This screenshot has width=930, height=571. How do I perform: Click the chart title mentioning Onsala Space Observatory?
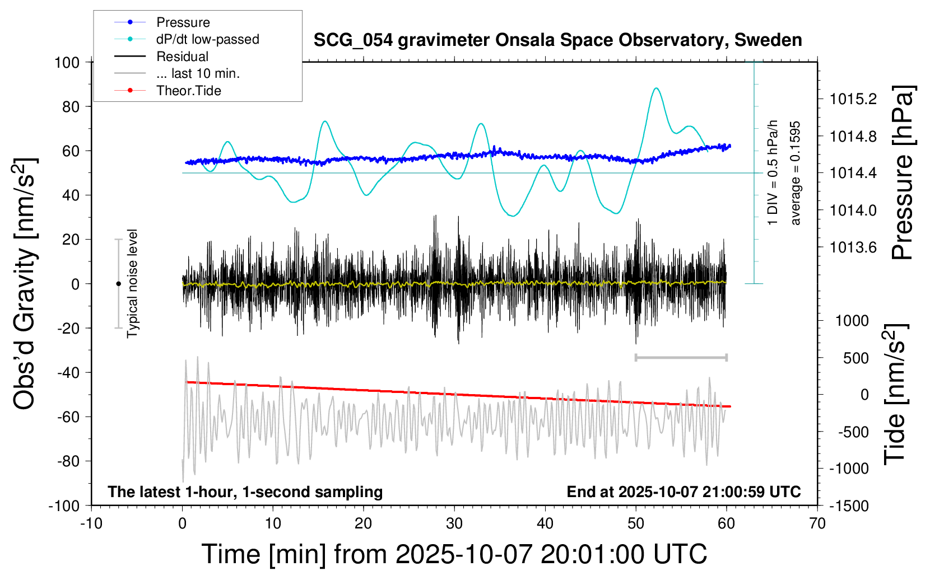pos(557,40)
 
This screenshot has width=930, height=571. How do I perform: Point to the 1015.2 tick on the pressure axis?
pos(853,99)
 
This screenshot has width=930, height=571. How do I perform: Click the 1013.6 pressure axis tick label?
pos(853,247)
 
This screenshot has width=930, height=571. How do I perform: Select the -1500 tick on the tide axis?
pos(849,506)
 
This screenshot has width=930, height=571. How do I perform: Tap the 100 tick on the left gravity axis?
pos(67,62)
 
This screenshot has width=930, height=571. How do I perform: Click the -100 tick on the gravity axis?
pos(64,506)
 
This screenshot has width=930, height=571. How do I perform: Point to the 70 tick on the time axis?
pos(817,524)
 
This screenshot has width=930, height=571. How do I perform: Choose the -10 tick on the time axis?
pos(91,524)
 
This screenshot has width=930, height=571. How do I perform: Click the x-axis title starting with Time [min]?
pos(454,554)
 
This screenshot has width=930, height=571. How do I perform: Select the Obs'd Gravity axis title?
pos(25,284)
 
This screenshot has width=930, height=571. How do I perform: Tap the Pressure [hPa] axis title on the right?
pos(902,172)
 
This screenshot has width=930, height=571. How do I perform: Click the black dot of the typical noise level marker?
pos(118,284)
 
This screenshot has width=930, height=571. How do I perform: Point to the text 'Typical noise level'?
pos(132,284)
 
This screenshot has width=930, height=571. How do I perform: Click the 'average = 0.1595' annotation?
pos(796,173)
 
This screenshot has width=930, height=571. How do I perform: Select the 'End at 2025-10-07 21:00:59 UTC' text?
pos(683,492)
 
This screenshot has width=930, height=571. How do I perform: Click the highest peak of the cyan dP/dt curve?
pos(656,88)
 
